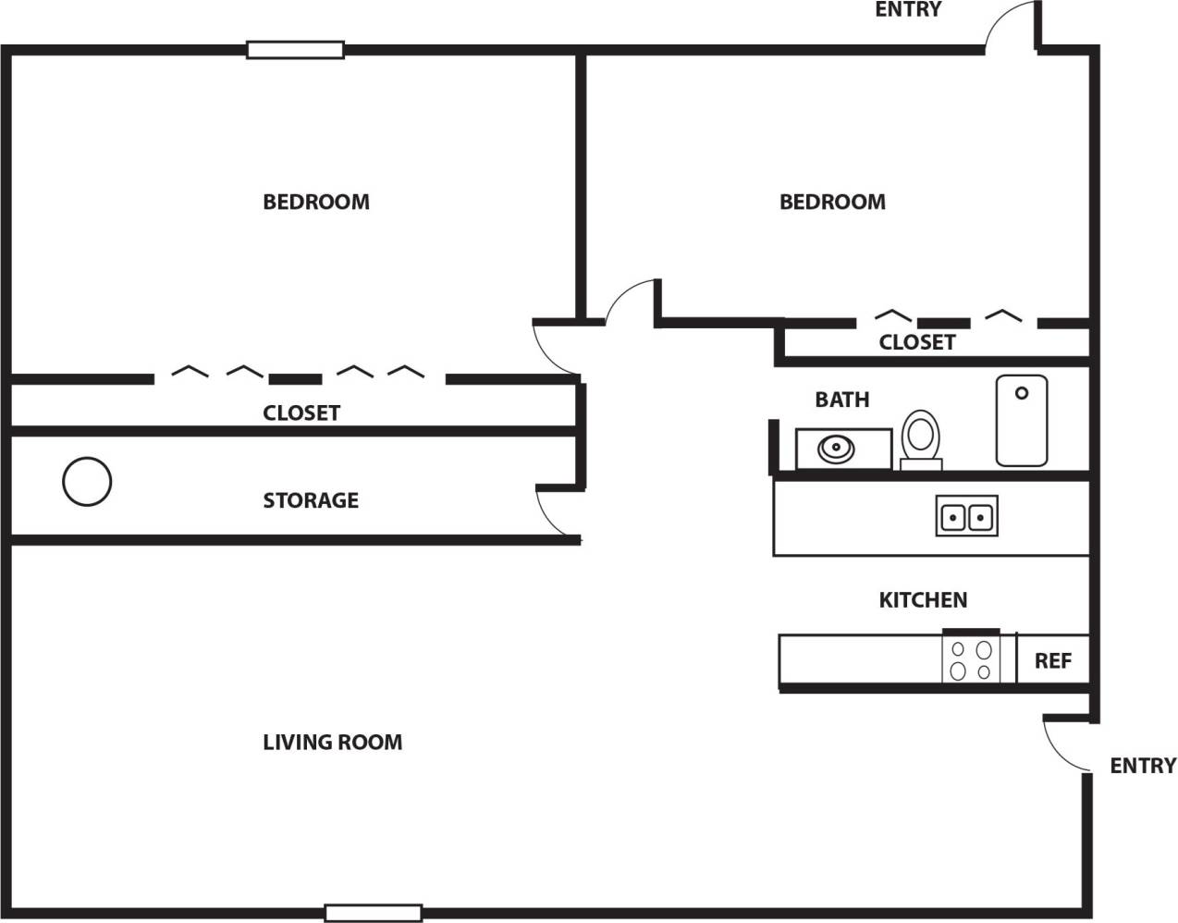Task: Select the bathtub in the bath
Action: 1021,420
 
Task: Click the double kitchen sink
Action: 966,516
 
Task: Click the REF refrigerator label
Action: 1052,660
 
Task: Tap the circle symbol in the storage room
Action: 87,481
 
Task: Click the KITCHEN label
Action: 923,600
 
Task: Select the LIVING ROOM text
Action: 332,742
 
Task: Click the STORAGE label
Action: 311,500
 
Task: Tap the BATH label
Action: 841,400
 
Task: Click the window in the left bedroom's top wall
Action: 295,50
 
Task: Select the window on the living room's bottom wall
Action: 374,913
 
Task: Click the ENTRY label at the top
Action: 908,10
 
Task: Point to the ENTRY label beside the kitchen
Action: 1143,766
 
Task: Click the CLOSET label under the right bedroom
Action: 916,342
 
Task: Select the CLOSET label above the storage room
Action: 301,412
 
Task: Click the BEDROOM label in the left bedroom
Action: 316,202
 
